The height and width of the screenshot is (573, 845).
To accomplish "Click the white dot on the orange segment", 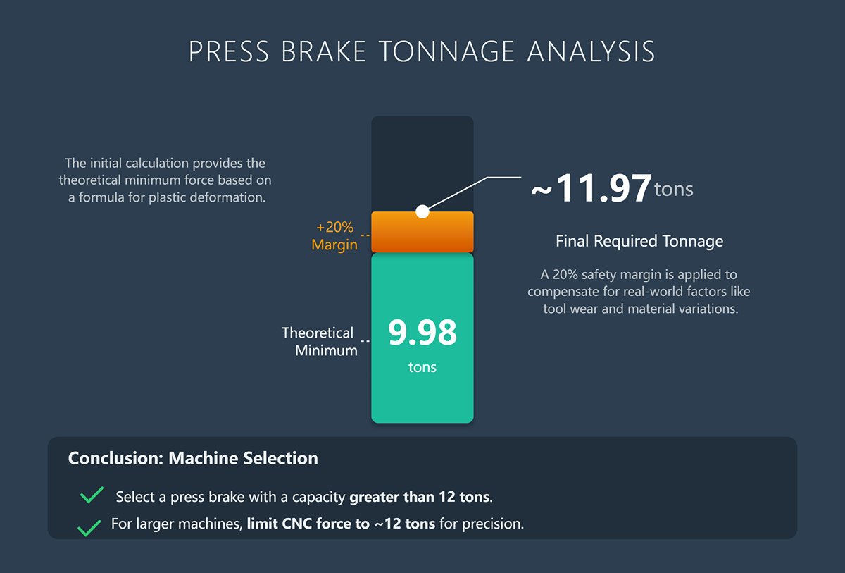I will [422, 211].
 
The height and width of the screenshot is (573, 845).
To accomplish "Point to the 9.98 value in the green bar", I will [422, 333].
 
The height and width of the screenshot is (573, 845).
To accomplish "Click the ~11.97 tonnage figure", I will [591, 189].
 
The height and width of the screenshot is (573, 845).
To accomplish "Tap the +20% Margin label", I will [334, 236].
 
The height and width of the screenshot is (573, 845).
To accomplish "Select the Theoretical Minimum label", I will [319, 341].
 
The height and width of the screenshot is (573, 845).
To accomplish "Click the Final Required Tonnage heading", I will [639, 241].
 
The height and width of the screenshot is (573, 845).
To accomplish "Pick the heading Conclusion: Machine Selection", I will [193, 458].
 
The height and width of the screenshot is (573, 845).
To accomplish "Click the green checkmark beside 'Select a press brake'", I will [92, 495].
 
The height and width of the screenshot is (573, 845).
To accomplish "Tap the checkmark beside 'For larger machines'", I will [89, 527].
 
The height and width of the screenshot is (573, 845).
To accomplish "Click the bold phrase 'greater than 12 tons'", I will [419, 497].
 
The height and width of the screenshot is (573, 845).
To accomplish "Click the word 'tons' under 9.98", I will [422, 367].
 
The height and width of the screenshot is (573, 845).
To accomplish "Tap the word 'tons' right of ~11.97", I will [674, 189].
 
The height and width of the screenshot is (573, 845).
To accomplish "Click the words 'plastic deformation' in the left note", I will [207, 197].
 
